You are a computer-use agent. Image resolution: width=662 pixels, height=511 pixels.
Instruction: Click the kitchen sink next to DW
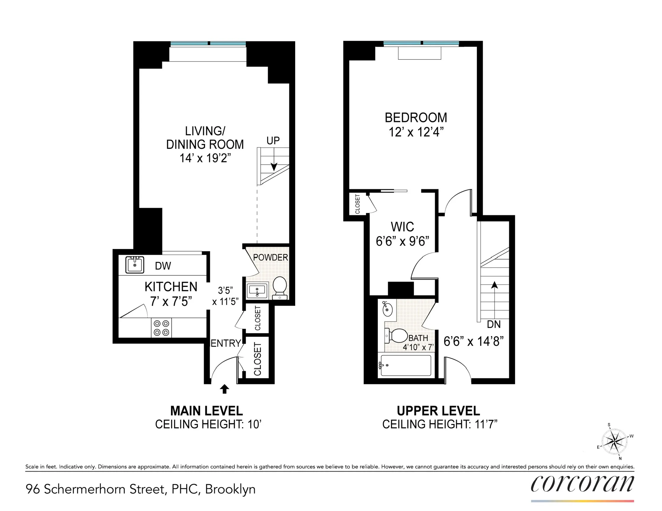135,265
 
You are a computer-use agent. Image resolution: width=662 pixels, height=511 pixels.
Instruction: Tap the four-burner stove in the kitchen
161,327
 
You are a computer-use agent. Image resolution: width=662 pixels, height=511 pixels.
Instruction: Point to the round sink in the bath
388,309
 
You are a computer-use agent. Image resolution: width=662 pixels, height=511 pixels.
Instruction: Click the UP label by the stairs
273,141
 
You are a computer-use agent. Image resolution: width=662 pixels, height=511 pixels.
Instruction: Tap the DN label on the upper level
493,325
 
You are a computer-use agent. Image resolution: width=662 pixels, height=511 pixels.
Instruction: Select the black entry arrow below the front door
224,389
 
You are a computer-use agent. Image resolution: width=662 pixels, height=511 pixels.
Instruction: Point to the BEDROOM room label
416,118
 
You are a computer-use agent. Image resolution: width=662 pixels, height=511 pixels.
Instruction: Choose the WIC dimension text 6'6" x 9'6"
402,241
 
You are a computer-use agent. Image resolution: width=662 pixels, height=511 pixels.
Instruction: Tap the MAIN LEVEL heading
206,411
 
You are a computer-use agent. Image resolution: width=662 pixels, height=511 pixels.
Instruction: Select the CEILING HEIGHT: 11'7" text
440,424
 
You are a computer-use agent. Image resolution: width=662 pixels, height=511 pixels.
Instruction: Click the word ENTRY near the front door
225,343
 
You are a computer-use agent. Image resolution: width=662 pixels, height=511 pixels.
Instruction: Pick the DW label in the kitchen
163,266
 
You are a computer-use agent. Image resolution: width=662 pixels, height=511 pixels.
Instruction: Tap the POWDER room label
270,257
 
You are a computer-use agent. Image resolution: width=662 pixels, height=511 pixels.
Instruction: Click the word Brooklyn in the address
230,489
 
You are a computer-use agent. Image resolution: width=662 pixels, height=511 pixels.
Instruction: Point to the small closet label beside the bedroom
357,204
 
